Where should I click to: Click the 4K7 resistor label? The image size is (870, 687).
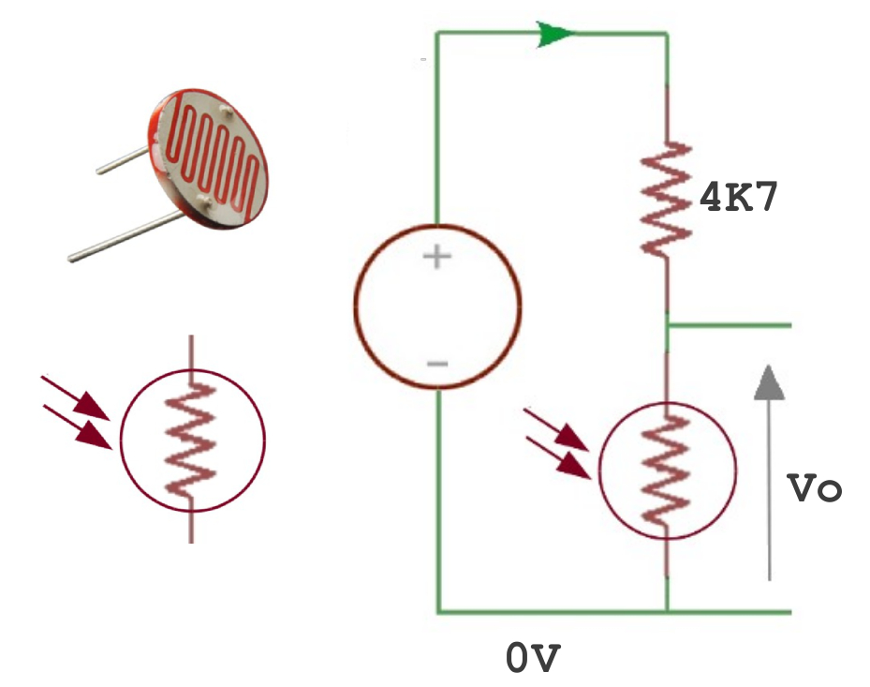tap(739, 200)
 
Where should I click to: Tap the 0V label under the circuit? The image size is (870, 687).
tap(533, 659)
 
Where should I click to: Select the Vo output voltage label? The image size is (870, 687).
tap(814, 488)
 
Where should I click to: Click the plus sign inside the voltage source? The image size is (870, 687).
tap(436, 257)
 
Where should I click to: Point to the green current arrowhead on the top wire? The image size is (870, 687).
tap(555, 35)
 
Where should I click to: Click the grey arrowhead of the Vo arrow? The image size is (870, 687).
tap(769, 380)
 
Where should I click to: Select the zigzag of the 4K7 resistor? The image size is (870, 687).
tap(667, 198)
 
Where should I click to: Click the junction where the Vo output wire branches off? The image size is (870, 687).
tap(667, 325)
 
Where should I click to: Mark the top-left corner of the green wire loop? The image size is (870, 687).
tap(437, 35)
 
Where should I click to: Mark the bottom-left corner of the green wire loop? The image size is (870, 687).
tap(437, 612)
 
